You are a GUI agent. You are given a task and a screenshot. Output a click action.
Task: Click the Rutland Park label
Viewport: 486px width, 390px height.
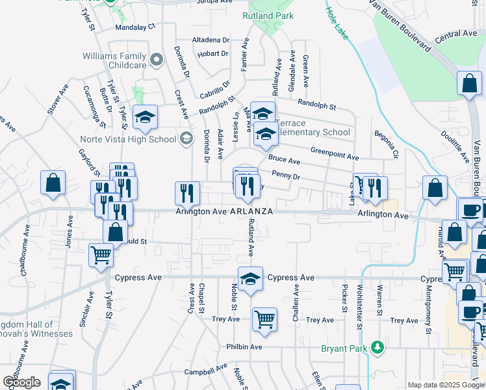[268, 16]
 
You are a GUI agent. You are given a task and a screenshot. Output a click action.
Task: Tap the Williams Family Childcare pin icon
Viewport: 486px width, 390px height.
[156, 60]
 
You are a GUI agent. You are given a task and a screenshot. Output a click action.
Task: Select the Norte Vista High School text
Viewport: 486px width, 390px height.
[127, 138]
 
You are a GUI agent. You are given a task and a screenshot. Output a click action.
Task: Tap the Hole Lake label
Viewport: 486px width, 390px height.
[337, 23]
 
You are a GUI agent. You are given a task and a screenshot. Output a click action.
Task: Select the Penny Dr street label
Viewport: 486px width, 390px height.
[286, 175]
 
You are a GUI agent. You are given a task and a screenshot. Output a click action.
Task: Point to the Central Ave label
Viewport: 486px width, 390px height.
[456, 33]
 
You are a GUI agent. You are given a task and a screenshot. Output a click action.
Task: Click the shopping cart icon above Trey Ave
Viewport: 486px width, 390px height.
[264, 320]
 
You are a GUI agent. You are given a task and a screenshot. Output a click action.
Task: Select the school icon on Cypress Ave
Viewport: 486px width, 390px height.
[250, 279]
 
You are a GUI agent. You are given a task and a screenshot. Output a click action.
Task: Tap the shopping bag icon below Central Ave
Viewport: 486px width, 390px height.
[469, 84]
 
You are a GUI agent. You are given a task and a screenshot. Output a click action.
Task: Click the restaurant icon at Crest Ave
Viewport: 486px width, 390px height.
[186, 193]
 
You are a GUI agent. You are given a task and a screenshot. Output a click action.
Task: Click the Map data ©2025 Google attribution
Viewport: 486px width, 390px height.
[445, 385]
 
